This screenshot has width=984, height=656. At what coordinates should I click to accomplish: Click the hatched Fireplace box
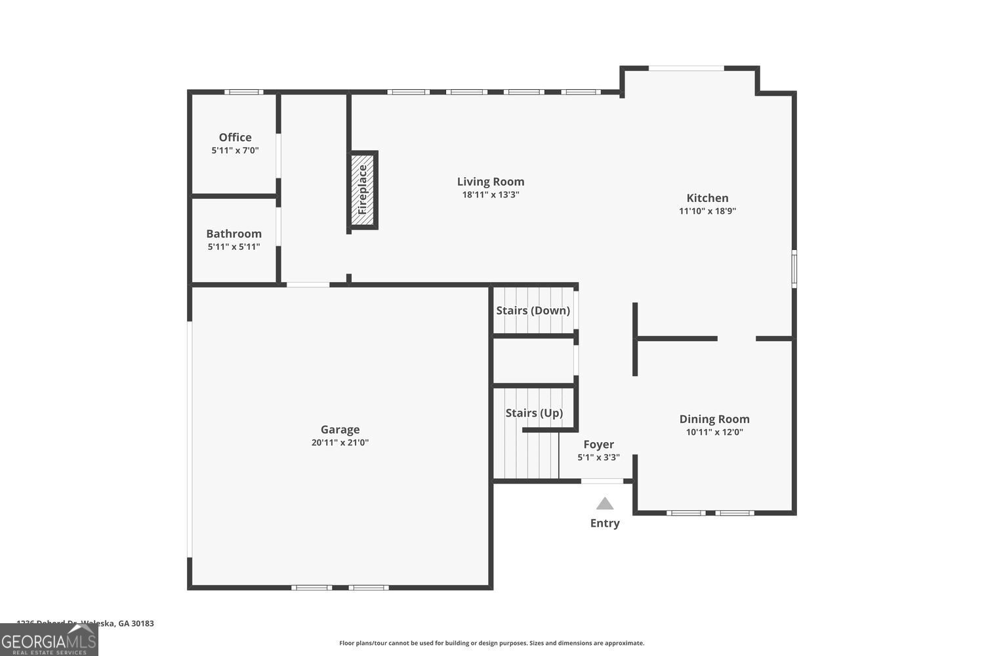tap(362, 190)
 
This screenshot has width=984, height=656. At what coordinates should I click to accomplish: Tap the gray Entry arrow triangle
tap(605, 504)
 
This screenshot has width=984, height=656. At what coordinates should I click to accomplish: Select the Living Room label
tap(491, 182)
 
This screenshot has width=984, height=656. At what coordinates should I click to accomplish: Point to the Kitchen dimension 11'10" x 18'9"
tap(707, 211)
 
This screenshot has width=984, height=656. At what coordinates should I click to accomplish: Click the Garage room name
tap(340, 430)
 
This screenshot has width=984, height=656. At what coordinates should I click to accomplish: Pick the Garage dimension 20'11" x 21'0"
tap(340, 443)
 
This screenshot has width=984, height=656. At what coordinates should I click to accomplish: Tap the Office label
tap(235, 137)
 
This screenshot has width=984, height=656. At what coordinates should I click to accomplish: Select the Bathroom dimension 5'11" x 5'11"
tap(234, 247)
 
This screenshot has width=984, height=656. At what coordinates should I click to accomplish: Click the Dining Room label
tap(714, 419)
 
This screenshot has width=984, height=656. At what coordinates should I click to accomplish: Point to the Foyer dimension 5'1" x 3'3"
tap(598, 458)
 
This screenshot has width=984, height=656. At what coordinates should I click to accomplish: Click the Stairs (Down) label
tap(533, 310)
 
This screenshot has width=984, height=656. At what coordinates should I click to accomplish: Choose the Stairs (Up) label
tap(534, 413)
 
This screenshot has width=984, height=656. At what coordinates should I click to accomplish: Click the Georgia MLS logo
tap(49, 640)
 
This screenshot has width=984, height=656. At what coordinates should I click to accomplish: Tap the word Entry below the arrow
tap(605, 523)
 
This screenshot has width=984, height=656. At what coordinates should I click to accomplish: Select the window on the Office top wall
tap(243, 92)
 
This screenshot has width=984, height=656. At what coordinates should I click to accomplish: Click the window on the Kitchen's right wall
tap(794, 268)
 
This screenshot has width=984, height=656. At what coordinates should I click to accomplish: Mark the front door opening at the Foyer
tap(602, 482)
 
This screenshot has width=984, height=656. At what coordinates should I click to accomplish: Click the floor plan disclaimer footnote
tap(491, 644)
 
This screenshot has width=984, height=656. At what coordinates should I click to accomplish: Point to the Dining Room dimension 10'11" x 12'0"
tap(714, 432)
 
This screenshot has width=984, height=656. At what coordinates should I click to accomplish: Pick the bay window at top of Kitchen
tap(686, 68)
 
